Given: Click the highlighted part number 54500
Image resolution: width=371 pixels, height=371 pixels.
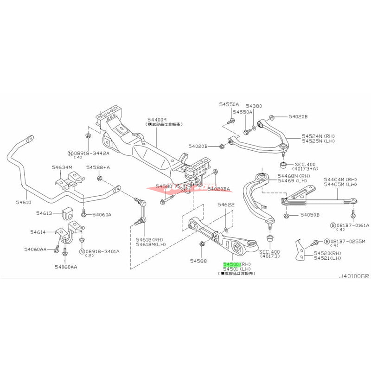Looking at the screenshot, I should [x=231, y=262].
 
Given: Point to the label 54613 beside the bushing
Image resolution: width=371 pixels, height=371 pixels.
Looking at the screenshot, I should [x=46, y=213].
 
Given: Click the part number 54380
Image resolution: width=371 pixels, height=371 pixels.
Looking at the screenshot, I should [x=254, y=106].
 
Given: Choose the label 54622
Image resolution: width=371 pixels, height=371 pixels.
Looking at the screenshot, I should [x=226, y=205].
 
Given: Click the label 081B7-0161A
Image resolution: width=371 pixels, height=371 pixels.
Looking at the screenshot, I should [x=351, y=224].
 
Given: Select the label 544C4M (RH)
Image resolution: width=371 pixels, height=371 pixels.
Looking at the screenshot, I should [x=339, y=179].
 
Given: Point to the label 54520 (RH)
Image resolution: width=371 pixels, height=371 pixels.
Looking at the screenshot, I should [x=327, y=253].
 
